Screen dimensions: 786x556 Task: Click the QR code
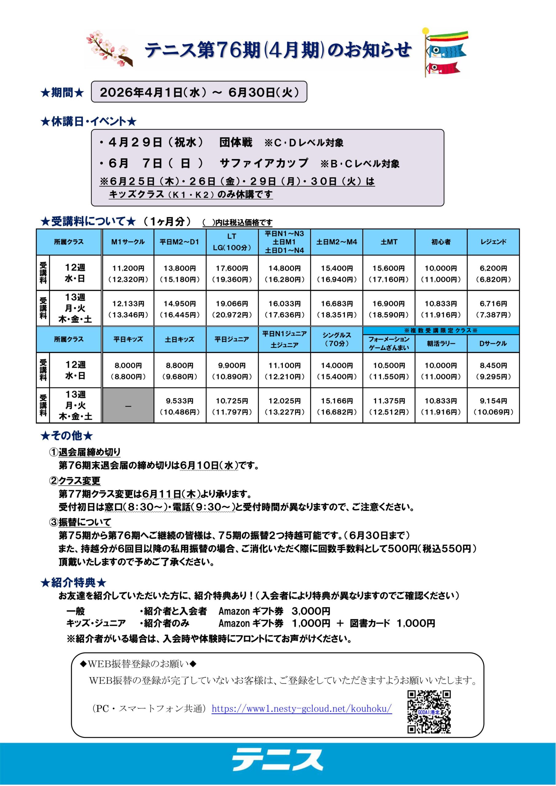click(429, 712)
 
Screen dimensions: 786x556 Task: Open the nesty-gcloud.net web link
click(301, 708)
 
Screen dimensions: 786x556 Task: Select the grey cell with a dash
click(128, 406)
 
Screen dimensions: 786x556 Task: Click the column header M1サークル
click(128, 242)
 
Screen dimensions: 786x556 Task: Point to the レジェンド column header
click(493, 242)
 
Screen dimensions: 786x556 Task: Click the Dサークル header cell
click(493, 343)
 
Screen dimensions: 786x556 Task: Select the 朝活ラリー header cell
click(441, 343)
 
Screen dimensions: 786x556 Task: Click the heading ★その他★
click(67, 436)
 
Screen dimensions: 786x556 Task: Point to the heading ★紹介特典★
click(73, 583)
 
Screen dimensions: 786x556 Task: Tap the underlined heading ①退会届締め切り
click(85, 452)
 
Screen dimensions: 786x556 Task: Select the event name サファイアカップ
click(264, 163)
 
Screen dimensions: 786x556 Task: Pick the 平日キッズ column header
click(128, 339)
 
